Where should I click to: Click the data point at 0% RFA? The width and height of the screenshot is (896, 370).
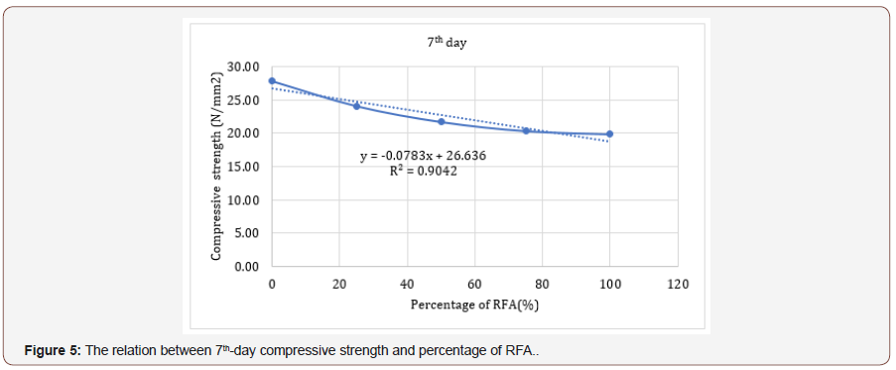272,80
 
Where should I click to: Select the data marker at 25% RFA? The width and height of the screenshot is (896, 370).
356,105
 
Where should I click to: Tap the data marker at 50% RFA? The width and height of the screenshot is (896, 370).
441,121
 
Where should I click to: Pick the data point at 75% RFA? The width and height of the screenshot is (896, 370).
526,130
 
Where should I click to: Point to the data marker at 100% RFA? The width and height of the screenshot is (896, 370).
609,133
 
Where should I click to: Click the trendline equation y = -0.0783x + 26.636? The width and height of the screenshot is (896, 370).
423,156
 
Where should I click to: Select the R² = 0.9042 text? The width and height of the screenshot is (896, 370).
423,171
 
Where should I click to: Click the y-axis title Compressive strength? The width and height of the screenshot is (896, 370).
215,166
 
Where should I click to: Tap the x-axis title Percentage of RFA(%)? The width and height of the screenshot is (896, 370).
474,304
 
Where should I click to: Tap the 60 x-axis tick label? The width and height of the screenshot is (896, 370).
474,285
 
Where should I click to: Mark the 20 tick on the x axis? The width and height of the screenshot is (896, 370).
339,285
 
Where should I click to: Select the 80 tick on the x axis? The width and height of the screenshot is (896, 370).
542,285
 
